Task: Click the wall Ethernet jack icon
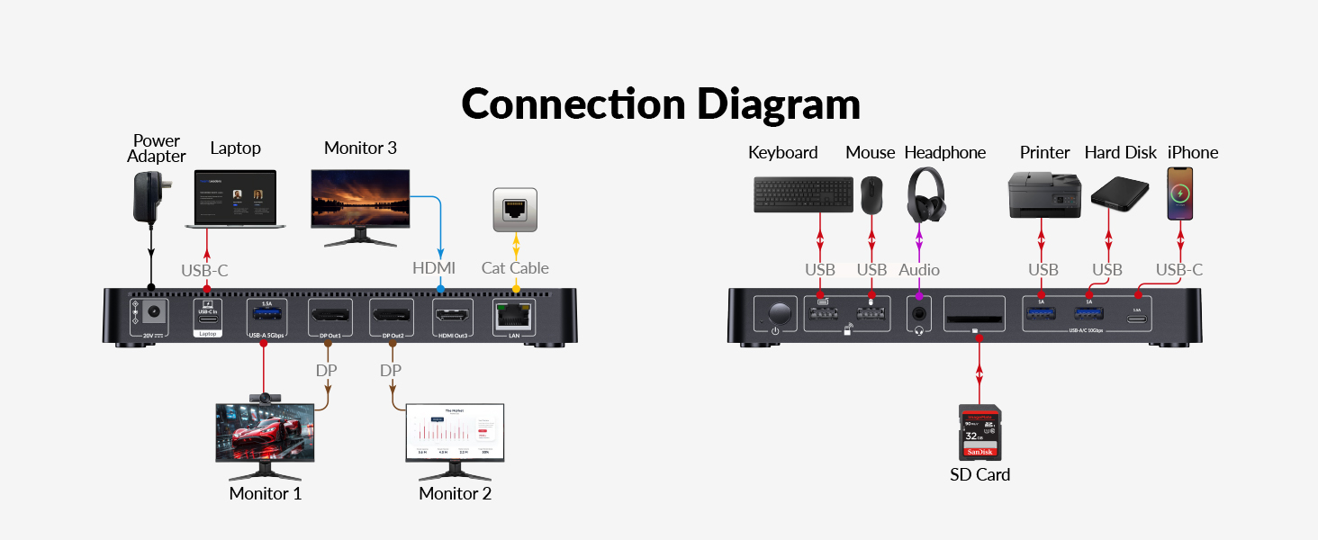tap(515, 210)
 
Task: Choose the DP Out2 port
tap(392, 315)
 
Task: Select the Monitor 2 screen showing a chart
tap(455, 433)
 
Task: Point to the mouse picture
tap(871, 194)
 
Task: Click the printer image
tap(1043, 193)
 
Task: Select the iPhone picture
tap(1179, 193)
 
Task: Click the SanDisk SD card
tap(979, 432)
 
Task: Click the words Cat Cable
tap(515, 268)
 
